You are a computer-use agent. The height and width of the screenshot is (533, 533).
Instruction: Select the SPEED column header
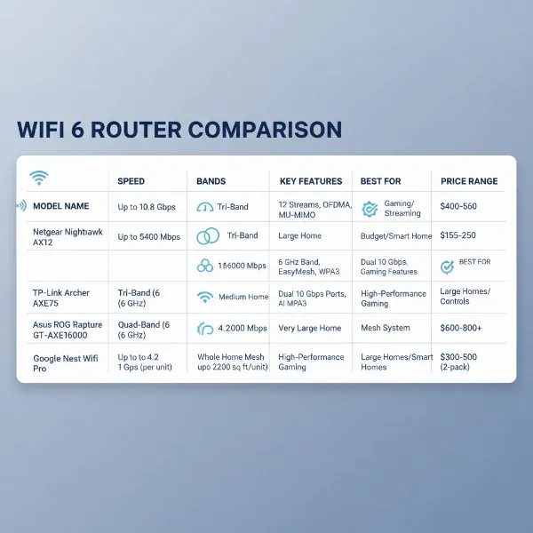(x=131, y=181)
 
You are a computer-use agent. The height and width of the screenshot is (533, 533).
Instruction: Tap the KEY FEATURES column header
(x=310, y=181)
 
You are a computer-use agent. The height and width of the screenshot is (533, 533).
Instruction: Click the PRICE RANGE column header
(x=470, y=181)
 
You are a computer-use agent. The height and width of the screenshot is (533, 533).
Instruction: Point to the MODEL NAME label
(x=60, y=206)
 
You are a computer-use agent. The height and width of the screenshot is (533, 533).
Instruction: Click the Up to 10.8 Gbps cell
(x=147, y=207)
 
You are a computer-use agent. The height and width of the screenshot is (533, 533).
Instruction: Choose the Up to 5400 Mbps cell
(x=150, y=236)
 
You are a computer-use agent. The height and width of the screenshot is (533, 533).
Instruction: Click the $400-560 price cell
(x=458, y=206)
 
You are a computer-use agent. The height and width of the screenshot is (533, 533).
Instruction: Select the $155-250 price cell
(x=458, y=236)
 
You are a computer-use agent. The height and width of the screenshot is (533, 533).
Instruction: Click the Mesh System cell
(x=385, y=328)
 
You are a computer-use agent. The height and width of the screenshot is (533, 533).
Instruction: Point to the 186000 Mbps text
(x=243, y=266)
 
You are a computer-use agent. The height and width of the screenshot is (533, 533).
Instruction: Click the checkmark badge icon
(x=448, y=266)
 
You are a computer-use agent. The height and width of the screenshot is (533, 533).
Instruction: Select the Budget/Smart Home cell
(x=395, y=236)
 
